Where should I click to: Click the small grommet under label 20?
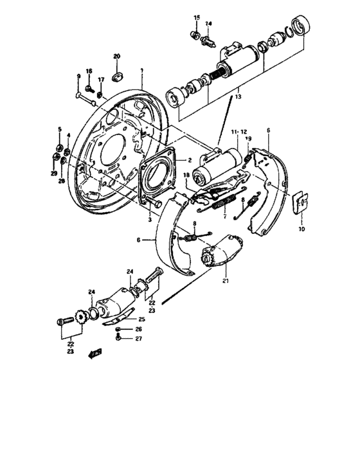pyautogui.click(x=116, y=78)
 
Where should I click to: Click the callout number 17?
pyautogui.click(x=101, y=80)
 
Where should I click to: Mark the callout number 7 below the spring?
pyautogui.click(x=224, y=217)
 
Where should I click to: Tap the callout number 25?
pyautogui.click(x=141, y=319)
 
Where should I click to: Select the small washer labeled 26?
pyautogui.click(x=118, y=330)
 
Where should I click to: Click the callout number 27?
pyautogui.click(x=139, y=339)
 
